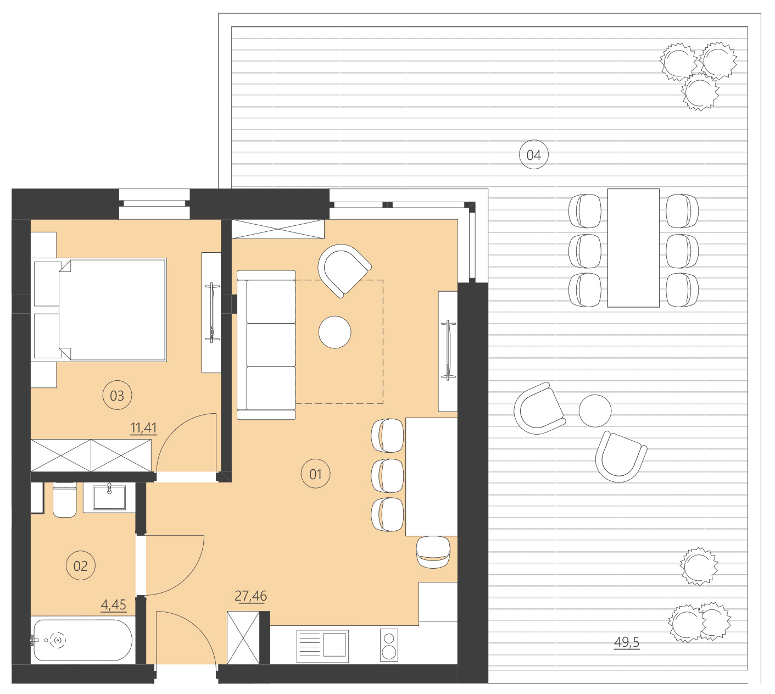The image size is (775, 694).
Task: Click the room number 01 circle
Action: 316,474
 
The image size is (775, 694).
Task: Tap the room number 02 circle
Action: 81,566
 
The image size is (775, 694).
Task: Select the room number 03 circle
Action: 117,396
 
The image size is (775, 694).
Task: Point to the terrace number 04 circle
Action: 534,155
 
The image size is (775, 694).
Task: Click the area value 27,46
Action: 250,596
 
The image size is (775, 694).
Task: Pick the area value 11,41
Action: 143,427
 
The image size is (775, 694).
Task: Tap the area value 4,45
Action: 113,605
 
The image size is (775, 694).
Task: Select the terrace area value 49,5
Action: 627,642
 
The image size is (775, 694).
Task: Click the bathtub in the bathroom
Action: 82,640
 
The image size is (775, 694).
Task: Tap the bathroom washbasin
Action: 109,497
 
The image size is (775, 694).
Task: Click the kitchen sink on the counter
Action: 323,646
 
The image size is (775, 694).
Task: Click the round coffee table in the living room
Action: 334,332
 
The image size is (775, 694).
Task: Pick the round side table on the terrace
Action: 595,411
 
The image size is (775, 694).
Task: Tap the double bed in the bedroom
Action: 110,310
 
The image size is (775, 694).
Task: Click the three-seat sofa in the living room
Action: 266,345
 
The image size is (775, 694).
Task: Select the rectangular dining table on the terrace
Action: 633,248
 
